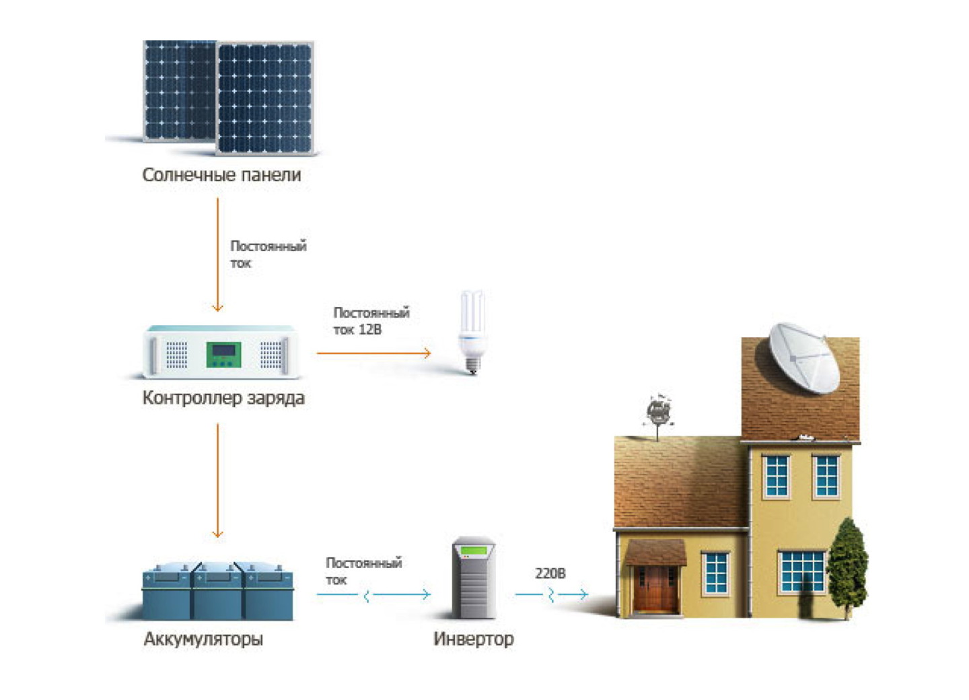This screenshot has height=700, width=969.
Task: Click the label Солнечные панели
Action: coord(221,175)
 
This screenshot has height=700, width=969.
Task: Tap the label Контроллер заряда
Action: coord(223,398)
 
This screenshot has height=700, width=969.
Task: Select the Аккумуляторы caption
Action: coord(203,639)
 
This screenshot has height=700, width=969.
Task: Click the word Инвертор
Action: coord(473,639)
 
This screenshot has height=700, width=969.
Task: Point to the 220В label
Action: coord(550,573)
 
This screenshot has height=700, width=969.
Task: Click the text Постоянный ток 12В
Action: coord(371,321)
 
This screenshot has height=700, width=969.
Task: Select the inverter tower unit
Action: coord(474,577)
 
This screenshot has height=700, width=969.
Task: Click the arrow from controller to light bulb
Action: coord(373,352)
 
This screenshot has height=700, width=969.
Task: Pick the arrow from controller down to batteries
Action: coord(217,480)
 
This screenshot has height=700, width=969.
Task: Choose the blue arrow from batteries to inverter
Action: coord(373,594)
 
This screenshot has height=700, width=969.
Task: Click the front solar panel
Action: coord(264,98)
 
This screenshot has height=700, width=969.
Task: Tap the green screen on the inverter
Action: coord(474,551)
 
